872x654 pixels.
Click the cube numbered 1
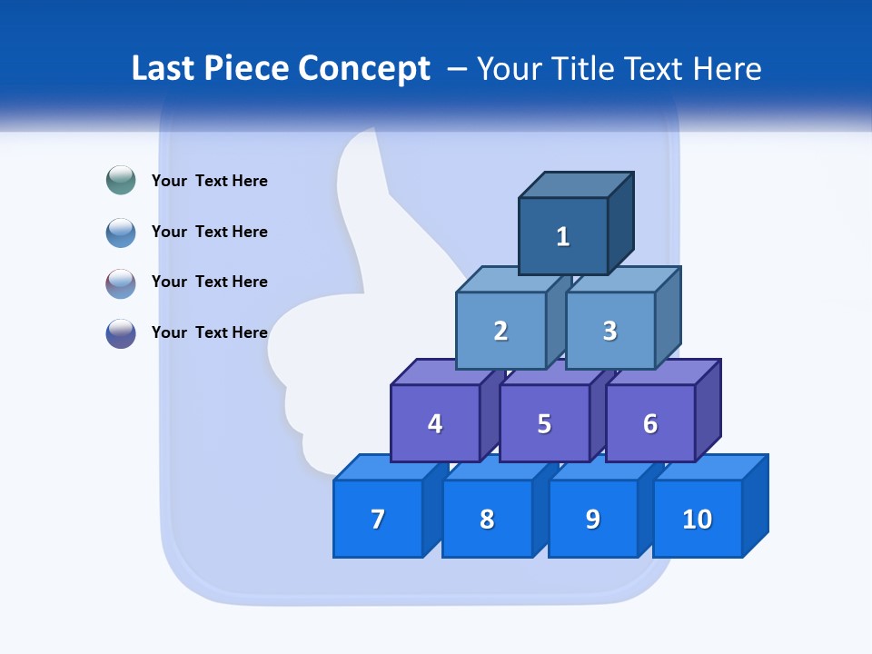(x=563, y=236)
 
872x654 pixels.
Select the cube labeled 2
(x=500, y=331)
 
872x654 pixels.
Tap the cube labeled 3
(x=609, y=331)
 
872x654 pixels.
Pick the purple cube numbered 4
(x=435, y=423)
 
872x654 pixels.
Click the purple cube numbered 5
(x=544, y=423)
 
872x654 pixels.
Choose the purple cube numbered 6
(x=650, y=423)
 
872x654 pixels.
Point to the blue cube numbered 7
(x=378, y=519)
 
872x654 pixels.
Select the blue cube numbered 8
(x=487, y=519)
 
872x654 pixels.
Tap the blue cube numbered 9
(x=593, y=519)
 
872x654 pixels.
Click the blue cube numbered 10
(x=698, y=519)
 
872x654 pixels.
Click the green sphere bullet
(x=121, y=181)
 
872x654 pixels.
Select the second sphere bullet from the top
(x=121, y=232)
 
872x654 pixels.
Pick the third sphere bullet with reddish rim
(x=121, y=282)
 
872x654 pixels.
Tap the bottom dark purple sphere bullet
(x=121, y=332)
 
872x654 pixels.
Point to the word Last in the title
(x=163, y=69)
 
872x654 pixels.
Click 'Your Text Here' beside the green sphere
(x=210, y=181)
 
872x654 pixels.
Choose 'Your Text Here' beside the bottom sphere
(x=210, y=332)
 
